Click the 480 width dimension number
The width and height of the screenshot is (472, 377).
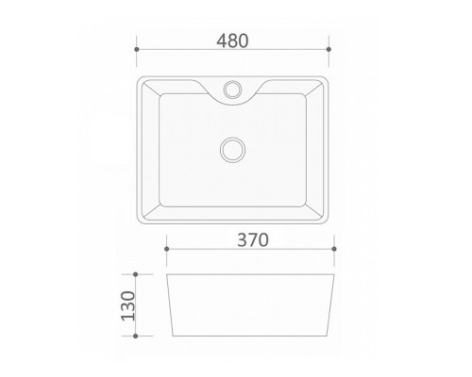point(232,41)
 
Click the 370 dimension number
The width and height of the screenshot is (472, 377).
point(253,240)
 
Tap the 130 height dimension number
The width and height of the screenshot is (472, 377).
point(128,306)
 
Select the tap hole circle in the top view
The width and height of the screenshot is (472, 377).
point(232,89)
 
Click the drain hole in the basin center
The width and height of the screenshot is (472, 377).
point(232,150)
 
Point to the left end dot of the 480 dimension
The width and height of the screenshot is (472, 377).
point(137,49)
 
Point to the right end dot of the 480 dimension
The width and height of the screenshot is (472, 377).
point(329,49)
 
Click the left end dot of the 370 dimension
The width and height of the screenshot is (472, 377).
point(167,249)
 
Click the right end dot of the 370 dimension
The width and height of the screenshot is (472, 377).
point(334,249)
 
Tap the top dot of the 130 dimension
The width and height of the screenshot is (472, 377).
point(136,274)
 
